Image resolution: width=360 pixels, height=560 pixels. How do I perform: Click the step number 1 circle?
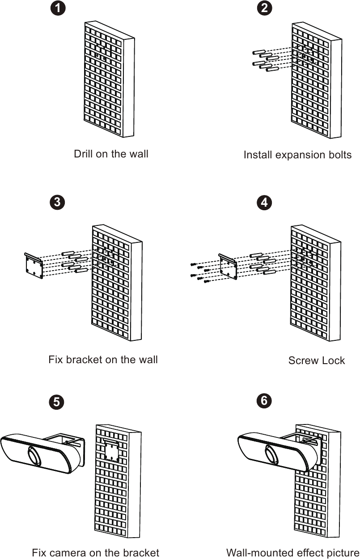point(57,8)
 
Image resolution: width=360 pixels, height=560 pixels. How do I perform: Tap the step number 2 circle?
point(265,8)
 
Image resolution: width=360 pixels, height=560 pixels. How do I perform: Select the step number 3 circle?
point(56,202)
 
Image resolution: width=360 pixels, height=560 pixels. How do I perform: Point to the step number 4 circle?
point(265,202)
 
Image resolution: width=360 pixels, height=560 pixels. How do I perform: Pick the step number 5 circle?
point(56,402)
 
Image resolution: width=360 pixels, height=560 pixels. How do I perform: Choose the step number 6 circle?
point(264,401)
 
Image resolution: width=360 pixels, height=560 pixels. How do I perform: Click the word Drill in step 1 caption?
point(84,154)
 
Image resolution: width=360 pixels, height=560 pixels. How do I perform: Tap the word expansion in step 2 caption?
point(295,155)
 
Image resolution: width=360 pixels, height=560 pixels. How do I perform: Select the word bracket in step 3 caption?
point(82,360)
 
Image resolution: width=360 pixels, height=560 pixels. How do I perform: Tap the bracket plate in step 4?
point(228,267)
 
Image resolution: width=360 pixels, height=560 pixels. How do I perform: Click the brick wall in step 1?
point(110,85)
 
